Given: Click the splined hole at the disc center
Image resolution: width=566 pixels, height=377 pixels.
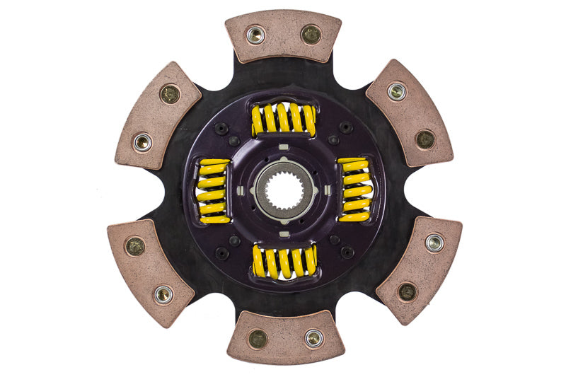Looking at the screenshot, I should click(283, 189).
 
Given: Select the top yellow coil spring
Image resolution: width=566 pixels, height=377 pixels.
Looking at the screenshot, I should click(283, 118).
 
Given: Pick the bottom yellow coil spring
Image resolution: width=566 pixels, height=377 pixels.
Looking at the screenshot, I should click(284, 261).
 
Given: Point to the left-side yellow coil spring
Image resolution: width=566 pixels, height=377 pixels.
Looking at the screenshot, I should click(213, 190).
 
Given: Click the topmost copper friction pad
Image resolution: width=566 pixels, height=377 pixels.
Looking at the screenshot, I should click(283, 35).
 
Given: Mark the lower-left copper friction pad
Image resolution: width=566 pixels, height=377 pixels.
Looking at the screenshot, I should click(150, 272).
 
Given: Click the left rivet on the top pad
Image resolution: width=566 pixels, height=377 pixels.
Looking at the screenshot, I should click(255, 33).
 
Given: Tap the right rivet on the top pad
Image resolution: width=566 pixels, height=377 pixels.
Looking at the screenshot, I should click(311, 34).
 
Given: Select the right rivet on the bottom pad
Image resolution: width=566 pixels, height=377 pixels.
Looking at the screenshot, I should click(314, 337).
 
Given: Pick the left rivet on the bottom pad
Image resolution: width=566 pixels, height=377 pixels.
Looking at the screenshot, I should click(258, 339).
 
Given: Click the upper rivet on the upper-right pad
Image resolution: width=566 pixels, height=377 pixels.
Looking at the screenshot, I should click(397, 91).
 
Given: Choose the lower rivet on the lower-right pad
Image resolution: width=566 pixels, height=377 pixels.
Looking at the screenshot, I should click(407, 291).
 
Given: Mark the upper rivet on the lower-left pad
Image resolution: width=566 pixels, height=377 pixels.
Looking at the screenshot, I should click(134, 246).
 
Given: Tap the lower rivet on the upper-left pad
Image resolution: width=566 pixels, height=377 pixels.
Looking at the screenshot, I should click(142, 142).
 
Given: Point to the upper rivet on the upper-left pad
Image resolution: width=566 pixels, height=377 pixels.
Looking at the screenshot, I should click(170, 93).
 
